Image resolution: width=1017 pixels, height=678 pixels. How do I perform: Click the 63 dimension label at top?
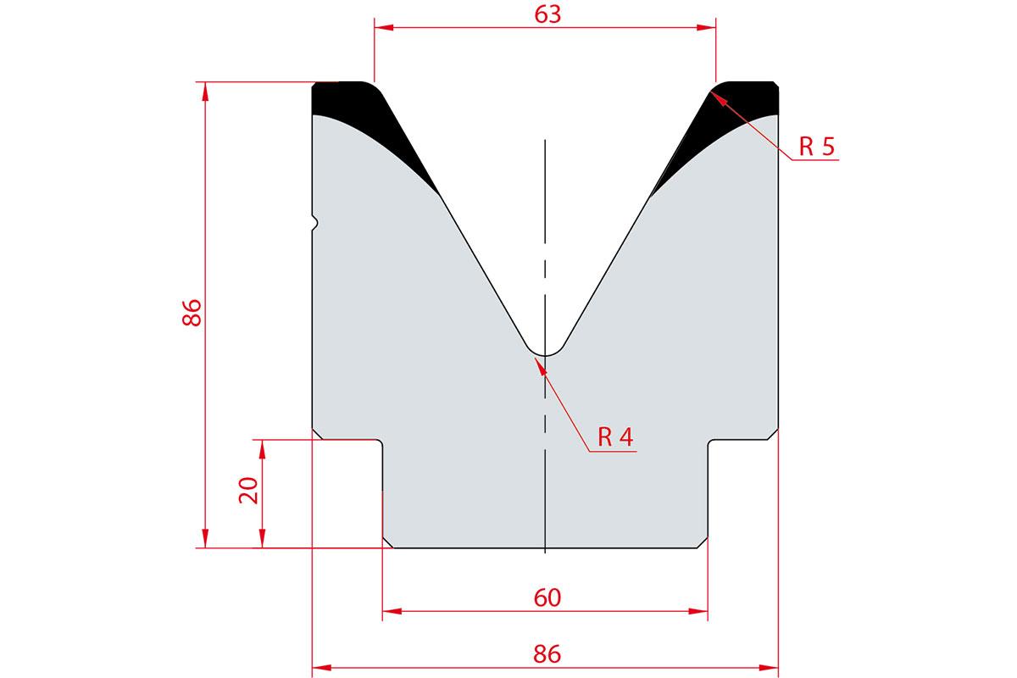coord(547,14)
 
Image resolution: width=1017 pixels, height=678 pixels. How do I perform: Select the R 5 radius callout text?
coord(817,147)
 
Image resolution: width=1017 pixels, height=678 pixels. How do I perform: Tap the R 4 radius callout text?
coord(615,436)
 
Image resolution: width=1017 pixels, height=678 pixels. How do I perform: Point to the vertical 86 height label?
coord(192,313)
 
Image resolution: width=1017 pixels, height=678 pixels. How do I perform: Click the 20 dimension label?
coord(248,491)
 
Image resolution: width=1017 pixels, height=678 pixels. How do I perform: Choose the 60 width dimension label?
coord(547,597)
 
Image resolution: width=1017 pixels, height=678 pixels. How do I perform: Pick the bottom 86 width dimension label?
coord(547,654)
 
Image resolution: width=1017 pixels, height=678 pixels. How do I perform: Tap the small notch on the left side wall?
coord(315,223)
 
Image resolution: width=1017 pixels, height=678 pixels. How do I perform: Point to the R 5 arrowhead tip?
coord(711,92)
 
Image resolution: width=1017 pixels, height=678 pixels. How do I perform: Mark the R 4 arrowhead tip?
coord(536,358)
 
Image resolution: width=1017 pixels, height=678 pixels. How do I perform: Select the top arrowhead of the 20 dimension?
coord(262,441)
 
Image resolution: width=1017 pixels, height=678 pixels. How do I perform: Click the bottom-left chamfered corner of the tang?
coord(388,543)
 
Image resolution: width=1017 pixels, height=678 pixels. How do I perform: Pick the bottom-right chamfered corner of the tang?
coord(703,543)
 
